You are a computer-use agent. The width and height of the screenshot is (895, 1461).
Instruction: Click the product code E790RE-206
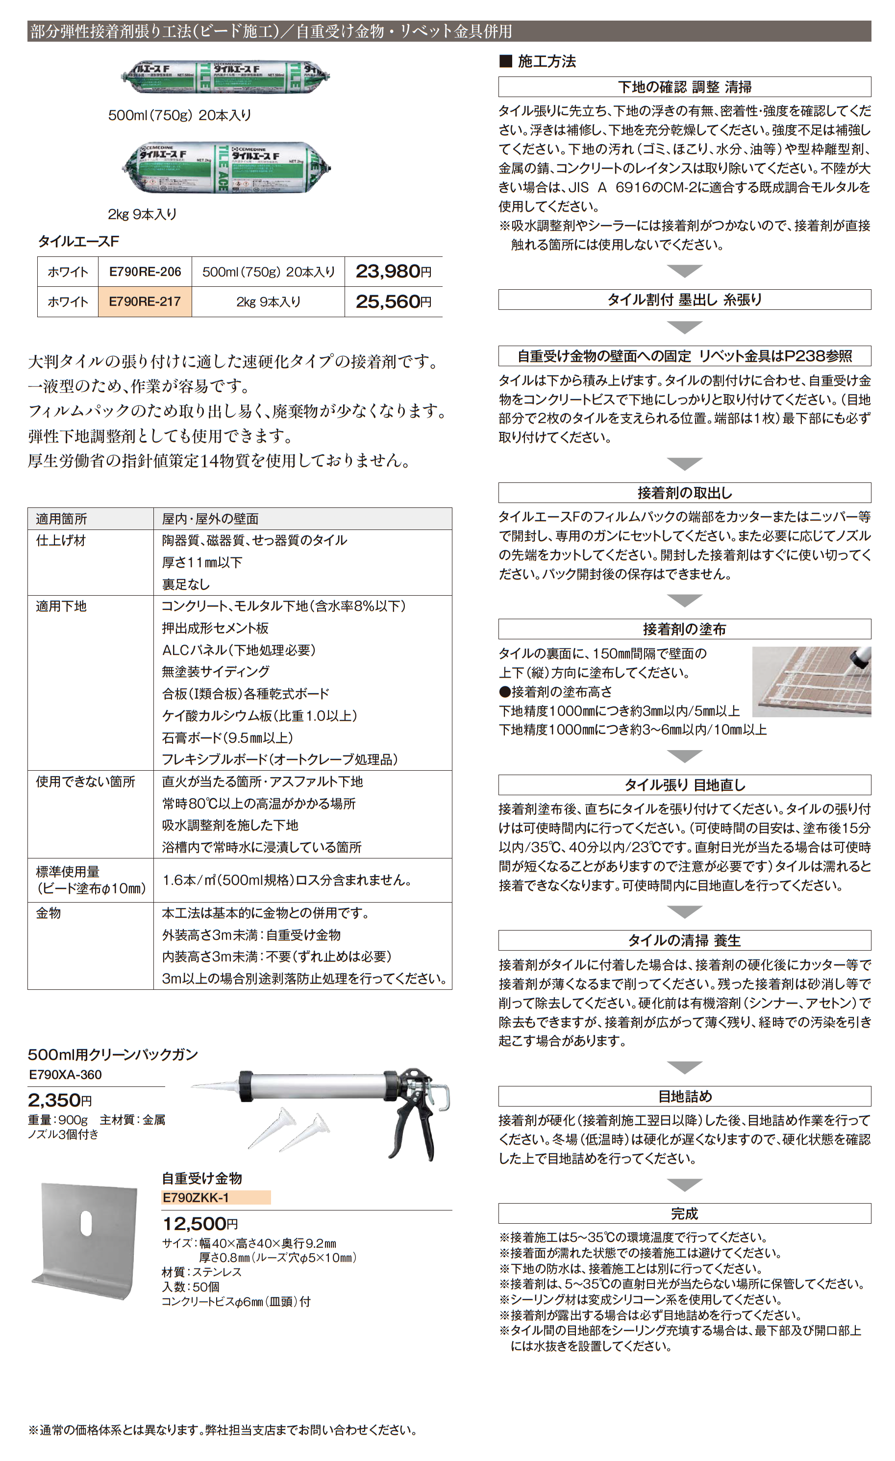click(x=145, y=272)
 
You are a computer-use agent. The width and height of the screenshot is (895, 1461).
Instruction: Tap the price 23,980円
click(x=393, y=272)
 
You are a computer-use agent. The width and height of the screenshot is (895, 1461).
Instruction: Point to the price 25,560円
click(x=393, y=302)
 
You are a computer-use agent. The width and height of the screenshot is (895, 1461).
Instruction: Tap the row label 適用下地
click(x=61, y=606)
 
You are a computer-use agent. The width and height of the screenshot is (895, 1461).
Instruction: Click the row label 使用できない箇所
click(x=85, y=781)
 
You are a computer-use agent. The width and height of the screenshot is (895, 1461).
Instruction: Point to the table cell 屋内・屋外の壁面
click(x=210, y=519)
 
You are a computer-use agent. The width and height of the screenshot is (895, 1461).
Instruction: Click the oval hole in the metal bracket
click(x=86, y=1223)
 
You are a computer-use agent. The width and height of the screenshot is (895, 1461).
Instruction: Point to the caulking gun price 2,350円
click(x=59, y=1101)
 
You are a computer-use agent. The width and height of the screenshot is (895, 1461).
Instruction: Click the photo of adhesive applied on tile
click(x=811, y=681)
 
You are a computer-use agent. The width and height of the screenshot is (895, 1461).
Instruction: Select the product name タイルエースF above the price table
click(x=78, y=241)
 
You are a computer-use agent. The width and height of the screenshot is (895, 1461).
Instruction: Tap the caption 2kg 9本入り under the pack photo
click(x=142, y=214)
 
